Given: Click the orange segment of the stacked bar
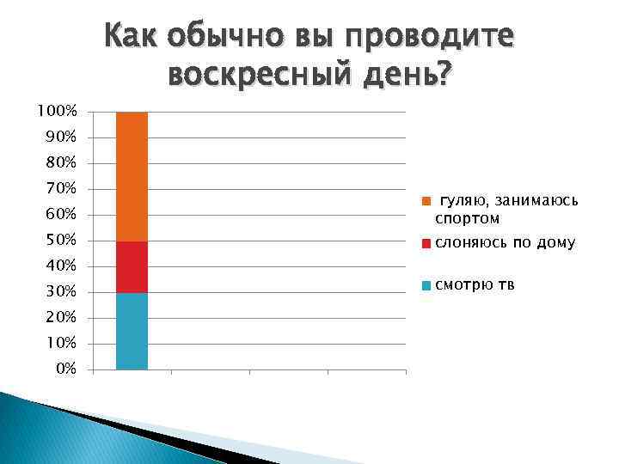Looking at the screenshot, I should (132, 176).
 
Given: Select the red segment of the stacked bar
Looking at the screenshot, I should (132, 266).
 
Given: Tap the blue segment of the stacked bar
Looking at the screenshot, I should (132, 331).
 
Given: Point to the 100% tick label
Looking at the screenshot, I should (57, 112).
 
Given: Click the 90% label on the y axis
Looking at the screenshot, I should (60, 137).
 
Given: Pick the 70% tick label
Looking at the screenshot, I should (60, 188).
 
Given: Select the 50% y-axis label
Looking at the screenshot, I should (60, 239).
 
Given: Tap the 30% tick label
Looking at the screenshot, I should (60, 291).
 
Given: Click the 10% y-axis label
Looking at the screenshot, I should (60, 343).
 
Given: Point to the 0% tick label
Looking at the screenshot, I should (64, 369).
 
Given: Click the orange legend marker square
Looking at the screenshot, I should (425, 202).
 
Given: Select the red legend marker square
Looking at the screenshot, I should (426, 244).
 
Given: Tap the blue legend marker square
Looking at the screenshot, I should (426, 285).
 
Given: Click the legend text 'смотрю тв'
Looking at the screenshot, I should (475, 285).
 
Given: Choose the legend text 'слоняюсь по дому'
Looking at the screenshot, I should (505, 243).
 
